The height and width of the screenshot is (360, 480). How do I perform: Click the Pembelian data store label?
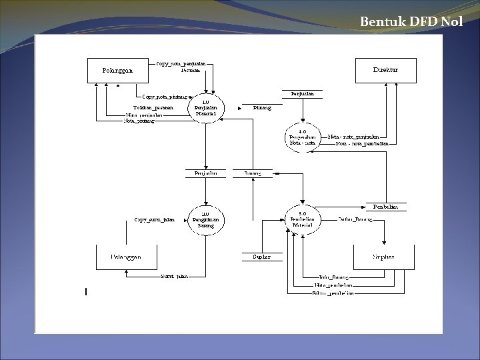pos(385,207)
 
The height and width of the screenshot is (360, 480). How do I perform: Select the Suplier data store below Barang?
pos(261,257)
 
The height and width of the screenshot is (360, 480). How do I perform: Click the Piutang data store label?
pos(261,107)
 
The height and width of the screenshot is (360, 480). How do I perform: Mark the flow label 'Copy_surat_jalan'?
pos(154,219)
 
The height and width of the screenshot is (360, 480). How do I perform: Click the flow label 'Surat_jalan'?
pos(173,275)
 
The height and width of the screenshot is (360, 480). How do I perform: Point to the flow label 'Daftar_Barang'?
pos(355,219)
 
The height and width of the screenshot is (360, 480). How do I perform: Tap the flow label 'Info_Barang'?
pos(335,276)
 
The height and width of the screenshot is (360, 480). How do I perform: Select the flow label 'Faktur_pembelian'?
pos(333,293)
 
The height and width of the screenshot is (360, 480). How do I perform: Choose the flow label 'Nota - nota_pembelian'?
pos(363,143)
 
